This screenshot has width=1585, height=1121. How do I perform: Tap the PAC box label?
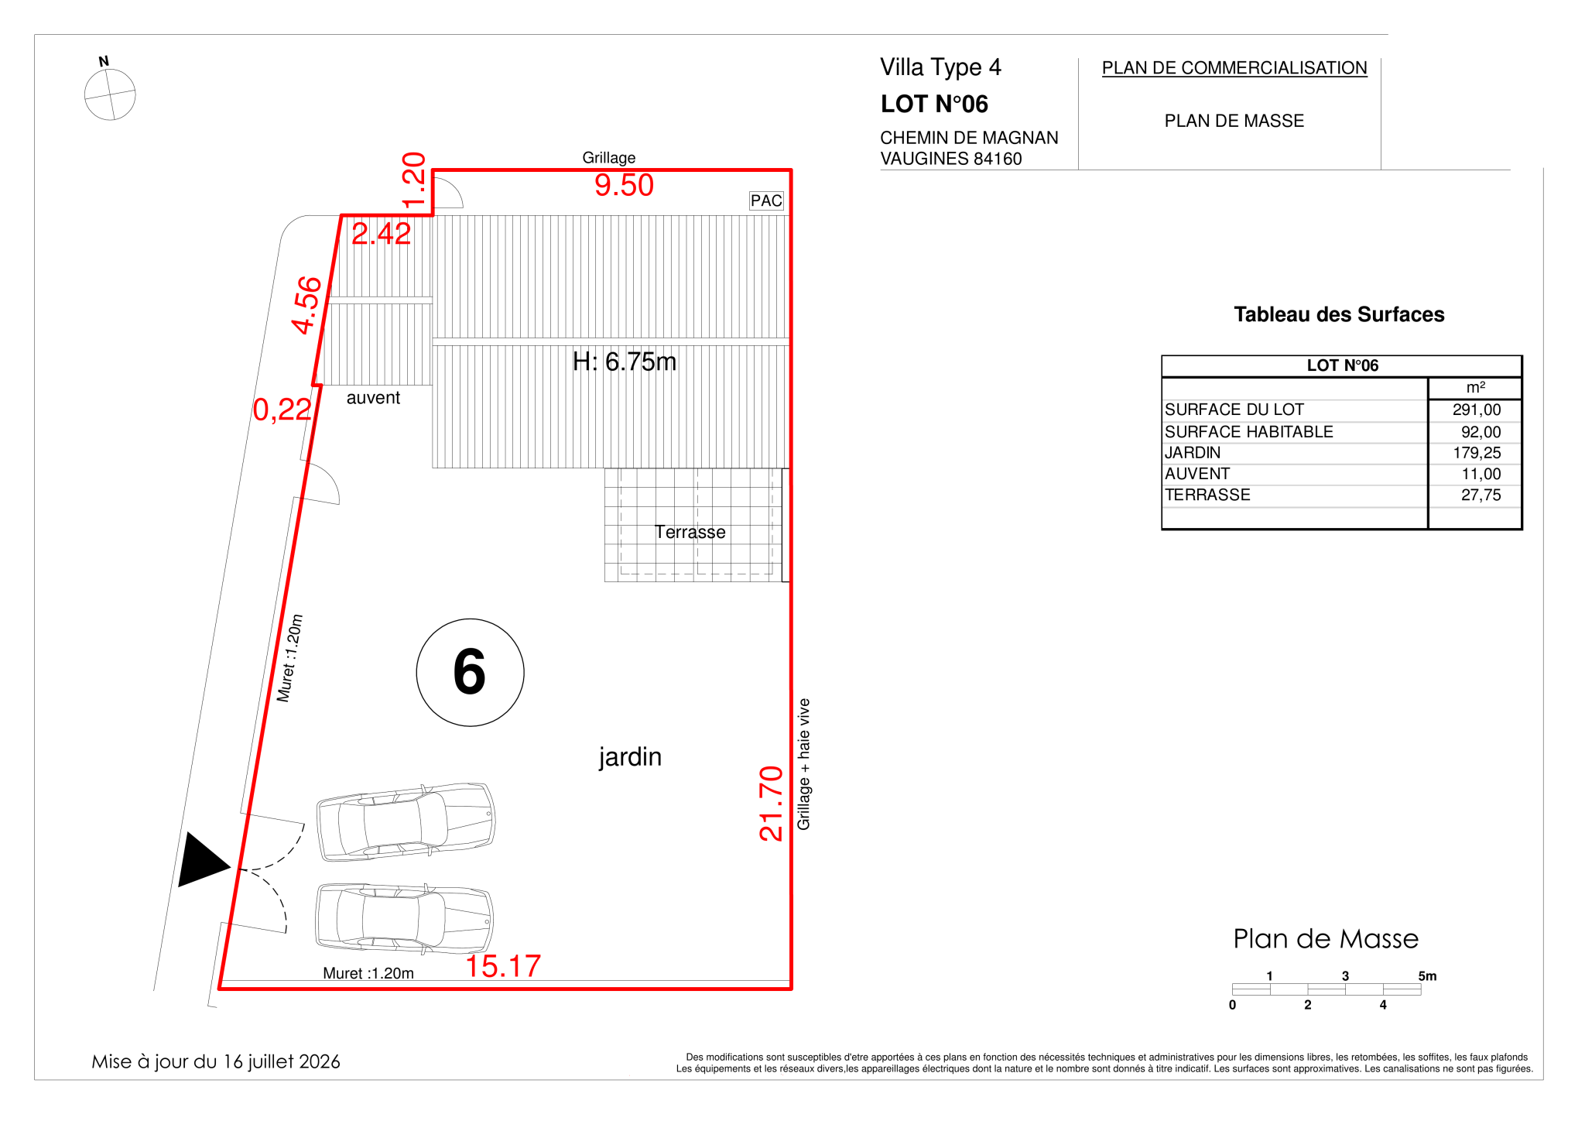pyautogui.click(x=766, y=201)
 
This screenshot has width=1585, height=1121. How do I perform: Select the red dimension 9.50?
pyautogui.click(x=624, y=186)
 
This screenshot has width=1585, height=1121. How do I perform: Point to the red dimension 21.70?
pyautogui.click(x=772, y=803)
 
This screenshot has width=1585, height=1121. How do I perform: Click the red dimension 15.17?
pyautogui.click(x=503, y=966)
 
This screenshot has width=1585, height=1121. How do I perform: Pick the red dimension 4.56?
pyautogui.click(x=307, y=305)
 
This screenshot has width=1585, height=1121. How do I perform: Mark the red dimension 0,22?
pyautogui.click(x=282, y=410)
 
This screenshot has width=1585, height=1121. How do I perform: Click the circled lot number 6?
pyautogui.click(x=470, y=672)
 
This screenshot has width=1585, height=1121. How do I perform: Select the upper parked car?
pyautogui.click(x=406, y=821)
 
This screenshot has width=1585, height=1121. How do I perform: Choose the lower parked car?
pyautogui.click(x=404, y=918)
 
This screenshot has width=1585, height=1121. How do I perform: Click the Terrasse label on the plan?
pyautogui.click(x=690, y=532)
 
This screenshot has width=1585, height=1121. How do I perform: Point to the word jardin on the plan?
pyautogui.click(x=630, y=757)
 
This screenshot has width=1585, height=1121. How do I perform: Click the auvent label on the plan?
pyautogui.click(x=373, y=398)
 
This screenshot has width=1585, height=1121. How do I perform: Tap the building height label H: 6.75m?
pyautogui.click(x=625, y=362)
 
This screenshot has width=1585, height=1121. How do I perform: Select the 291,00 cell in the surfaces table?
pyautogui.click(x=1477, y=410)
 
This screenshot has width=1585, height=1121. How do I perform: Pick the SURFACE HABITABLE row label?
pyautogui.click(x=1249, y=432)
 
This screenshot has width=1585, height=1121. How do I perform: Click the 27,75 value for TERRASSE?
pyautogui.click(x=1481, y=495)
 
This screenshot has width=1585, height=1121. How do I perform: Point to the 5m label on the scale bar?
pyautogui.click(x=1427, y=976)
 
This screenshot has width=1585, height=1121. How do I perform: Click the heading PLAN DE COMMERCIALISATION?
pyautogui.click(x=1234, y=68)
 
